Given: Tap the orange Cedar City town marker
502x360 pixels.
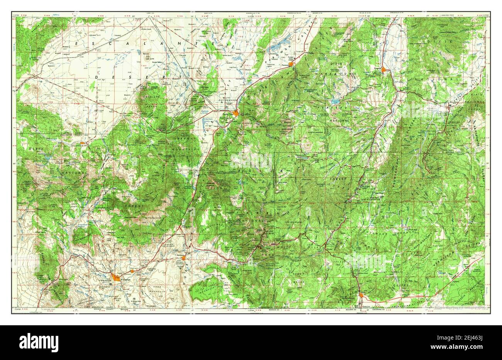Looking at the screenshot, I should click(235, 113).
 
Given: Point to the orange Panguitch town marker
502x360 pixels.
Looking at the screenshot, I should click(383, 70).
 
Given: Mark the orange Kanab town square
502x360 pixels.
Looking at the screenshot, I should click(361, 296).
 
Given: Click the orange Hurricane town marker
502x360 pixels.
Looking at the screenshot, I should click(184, 258).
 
